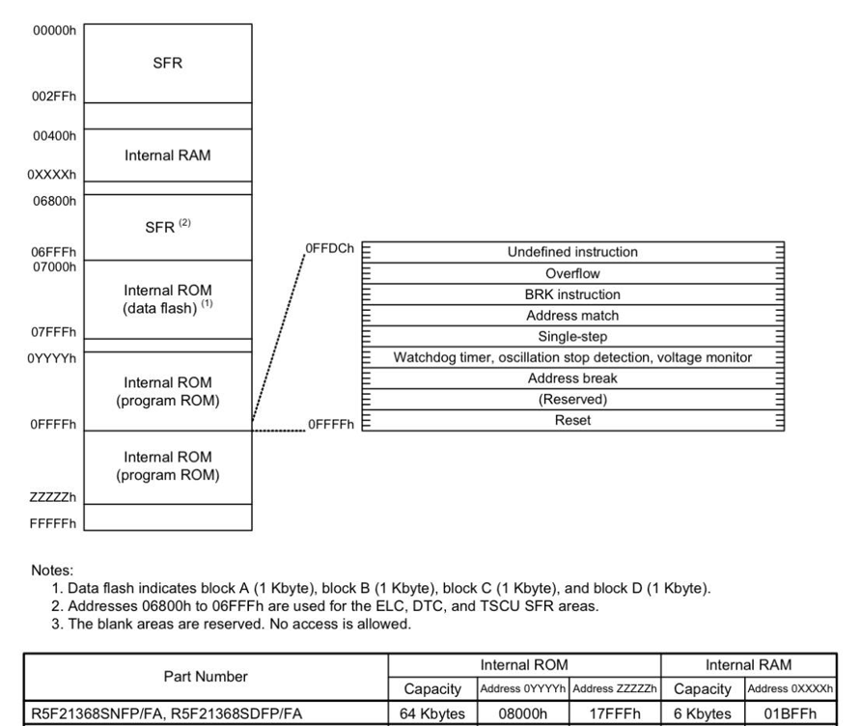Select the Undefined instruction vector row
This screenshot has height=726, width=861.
click(573, 252)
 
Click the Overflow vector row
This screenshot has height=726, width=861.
click(573, 273)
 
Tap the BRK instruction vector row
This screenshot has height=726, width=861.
click(573, 294)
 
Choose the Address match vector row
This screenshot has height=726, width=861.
click(573, 316)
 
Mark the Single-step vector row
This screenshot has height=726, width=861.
click(573, 337)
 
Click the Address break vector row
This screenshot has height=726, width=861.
click(573, 378)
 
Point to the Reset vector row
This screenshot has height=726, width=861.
click(573, 421)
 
